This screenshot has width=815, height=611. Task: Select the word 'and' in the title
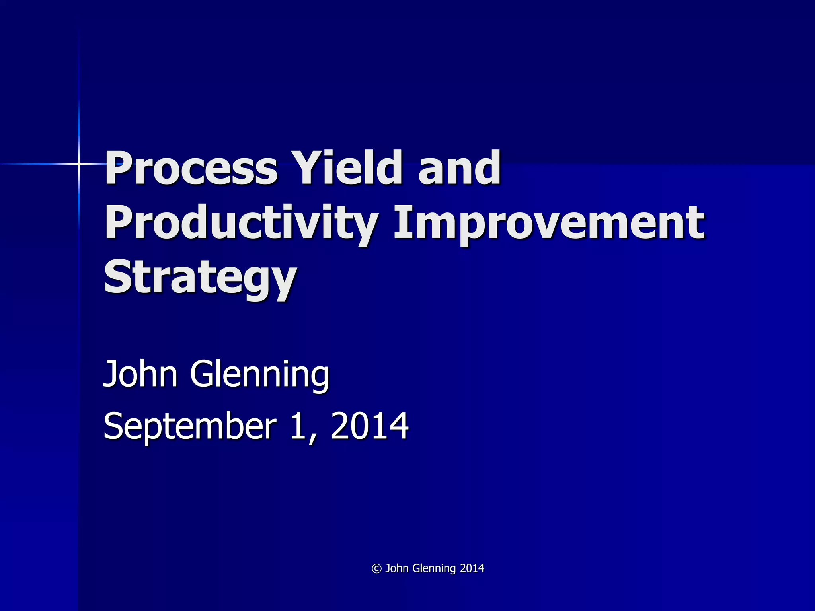pyautogui.click(x=459, y=168)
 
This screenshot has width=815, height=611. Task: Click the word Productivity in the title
pyautogui.click(x=241, y=224)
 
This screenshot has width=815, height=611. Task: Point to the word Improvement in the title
pyautogui.click(x=549, y=224)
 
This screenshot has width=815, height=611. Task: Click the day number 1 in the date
pyautogui.click(x=298, y=426)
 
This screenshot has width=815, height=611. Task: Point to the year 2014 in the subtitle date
pyautogui.click(x=369, y=426)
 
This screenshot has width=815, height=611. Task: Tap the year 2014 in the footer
pyautogui.click(x=472, y=568)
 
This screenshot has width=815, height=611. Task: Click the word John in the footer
pyautogui.click(x=397, y=568)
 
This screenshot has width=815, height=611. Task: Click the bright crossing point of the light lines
pyautogui.click(x=79, y=164)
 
